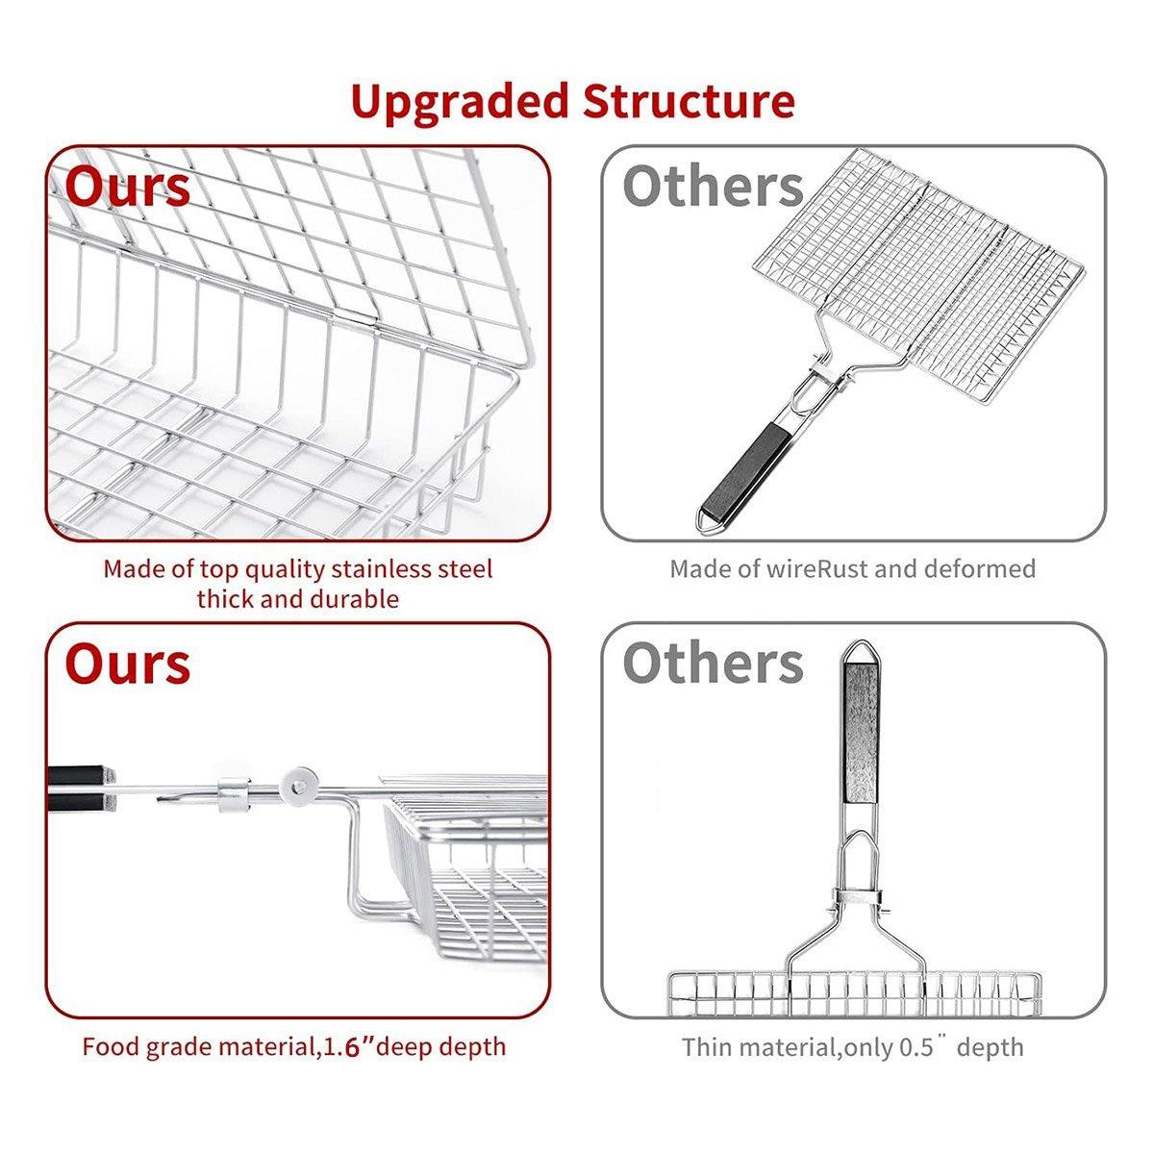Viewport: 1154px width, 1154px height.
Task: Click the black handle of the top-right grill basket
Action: (x=744, y=470)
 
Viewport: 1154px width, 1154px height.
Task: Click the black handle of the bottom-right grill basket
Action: (x=861, y=734)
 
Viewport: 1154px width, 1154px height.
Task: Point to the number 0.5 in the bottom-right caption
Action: (x=916, y=1047)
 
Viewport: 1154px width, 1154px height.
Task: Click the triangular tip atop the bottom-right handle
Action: (x=861, y=653)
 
